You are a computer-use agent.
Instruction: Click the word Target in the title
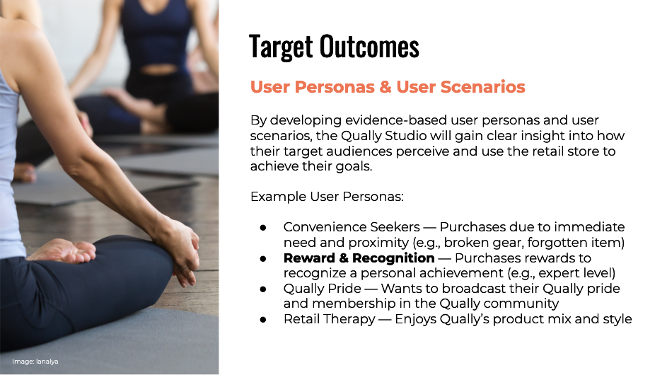[282, 47]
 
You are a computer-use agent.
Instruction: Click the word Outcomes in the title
[369, 46]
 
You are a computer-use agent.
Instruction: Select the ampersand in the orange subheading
[385, 87]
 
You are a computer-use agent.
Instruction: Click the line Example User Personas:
[327, 197]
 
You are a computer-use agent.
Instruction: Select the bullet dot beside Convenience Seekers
[263, 228]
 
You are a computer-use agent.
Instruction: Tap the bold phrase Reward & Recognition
[359, 258]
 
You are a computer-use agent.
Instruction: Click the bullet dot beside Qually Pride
[263, 289]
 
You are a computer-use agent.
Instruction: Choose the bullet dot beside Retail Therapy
[263, 320]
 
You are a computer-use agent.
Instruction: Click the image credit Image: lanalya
[35, 362]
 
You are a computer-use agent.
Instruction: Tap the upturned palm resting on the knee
[64, 251]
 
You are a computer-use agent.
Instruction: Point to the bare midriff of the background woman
[158, 68]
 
